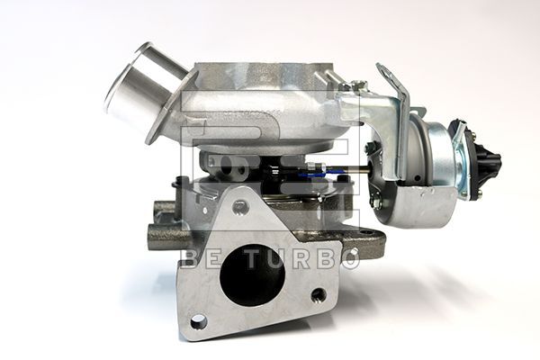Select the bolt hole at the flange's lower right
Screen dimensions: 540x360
pos(318,295)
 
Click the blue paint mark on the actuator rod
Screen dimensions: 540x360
pos(310,174)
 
